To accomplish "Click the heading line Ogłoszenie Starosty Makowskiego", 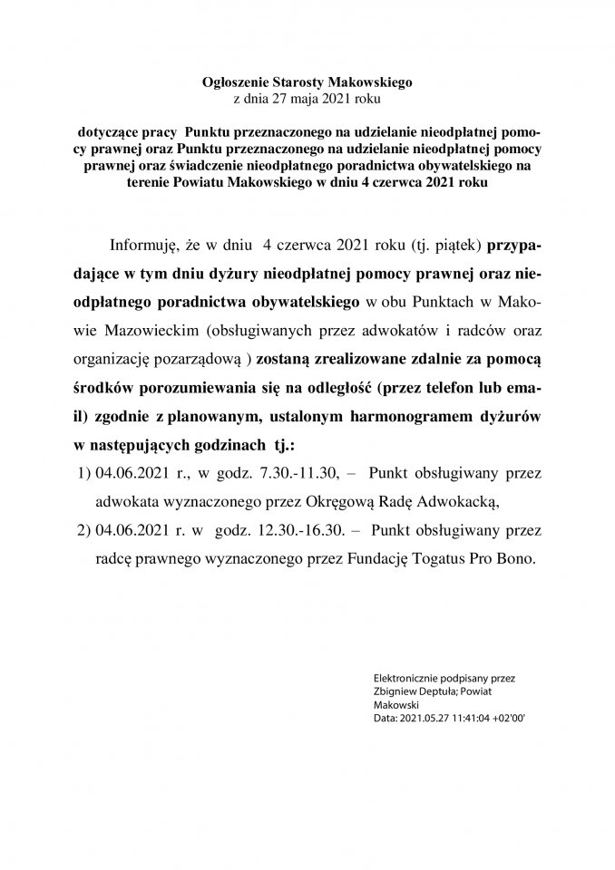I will [x=307, y=81].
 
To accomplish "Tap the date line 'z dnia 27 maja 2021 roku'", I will [x=307, y=96].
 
